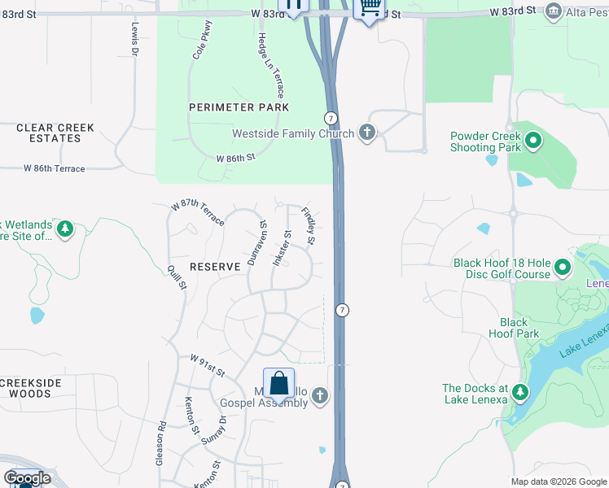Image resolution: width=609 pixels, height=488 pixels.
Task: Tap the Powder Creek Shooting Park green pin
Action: pos(533,142)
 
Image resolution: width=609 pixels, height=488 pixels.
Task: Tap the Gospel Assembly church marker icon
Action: pos(320,396)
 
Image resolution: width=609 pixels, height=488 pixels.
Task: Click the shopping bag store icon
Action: pos(278,384)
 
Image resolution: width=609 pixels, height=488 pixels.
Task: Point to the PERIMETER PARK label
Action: pos(239,107)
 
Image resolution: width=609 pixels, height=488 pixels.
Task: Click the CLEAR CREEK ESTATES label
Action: pos(55,133)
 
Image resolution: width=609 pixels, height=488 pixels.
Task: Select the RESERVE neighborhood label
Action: pos(215,267)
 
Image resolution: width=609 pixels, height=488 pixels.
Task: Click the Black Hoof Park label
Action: pos(515,328)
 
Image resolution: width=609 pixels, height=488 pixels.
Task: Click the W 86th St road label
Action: pos(235,157)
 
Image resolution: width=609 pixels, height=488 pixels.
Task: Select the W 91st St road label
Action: pos(207,364)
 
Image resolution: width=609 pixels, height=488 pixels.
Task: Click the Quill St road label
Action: pos(177,276)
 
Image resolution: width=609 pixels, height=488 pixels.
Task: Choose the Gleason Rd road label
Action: pos(160,442)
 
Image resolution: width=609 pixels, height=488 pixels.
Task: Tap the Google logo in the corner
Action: pos(27,478)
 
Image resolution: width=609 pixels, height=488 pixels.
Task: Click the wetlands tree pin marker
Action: pos(64,229)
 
